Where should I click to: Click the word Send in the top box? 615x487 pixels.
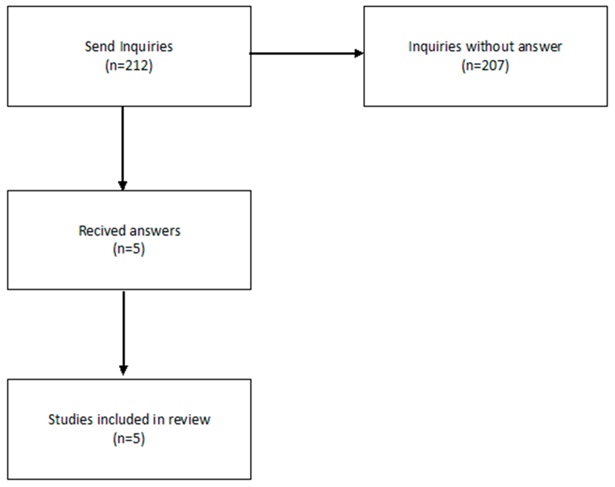99,46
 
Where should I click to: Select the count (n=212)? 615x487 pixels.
129,66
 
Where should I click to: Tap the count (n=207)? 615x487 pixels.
485,66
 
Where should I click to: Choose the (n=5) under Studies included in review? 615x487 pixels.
129,439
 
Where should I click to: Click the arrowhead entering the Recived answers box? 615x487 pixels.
123,186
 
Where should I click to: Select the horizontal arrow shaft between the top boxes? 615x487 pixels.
302,53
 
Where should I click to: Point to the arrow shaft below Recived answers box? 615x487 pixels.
123,328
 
